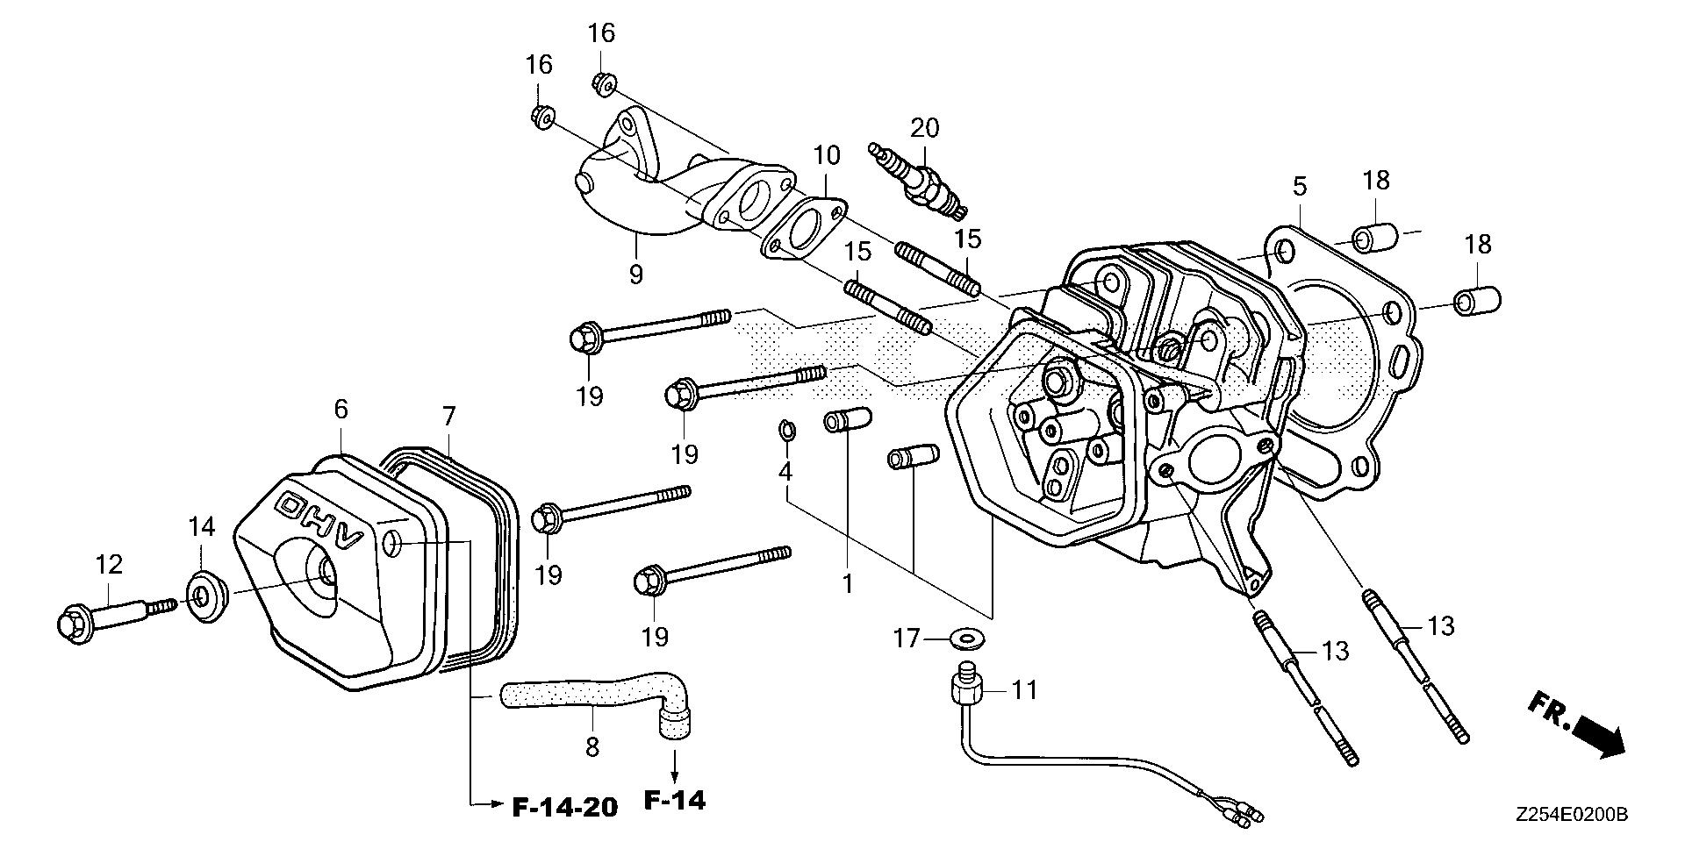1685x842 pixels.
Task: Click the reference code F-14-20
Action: tap(565, 806)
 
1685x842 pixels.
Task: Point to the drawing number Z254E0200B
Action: tap(1571, 816)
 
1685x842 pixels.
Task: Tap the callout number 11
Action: tap(1024, 690)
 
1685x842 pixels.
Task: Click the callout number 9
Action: tap(636, 274)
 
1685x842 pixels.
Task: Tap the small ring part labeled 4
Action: tap(787, 431)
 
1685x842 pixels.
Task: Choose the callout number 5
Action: tap(1300, 185)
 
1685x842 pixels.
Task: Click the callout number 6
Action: tap(341, 409)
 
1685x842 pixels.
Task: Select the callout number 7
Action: tap(448, 417)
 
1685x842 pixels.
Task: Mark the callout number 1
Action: tap(848, 583)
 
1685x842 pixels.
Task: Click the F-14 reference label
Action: tap(675, 801)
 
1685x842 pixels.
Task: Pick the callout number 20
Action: tap(924, 128)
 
